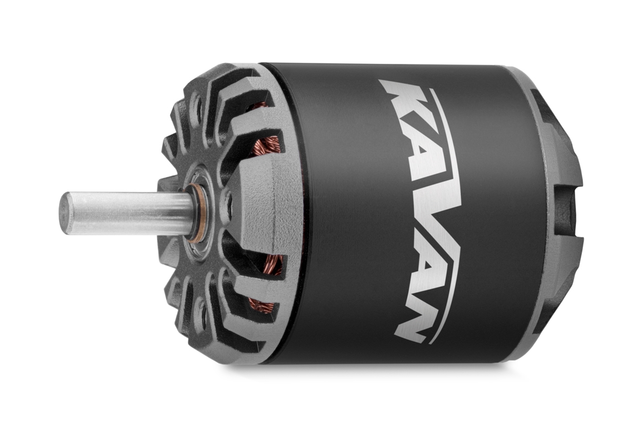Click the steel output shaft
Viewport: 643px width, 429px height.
pyautogui.click(x=126, y=213)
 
